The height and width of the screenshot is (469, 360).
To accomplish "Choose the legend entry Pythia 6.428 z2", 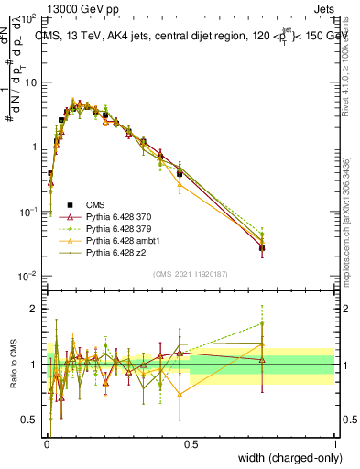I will coord(115,252).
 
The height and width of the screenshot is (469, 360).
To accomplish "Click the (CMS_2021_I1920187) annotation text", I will coord(191,273).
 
